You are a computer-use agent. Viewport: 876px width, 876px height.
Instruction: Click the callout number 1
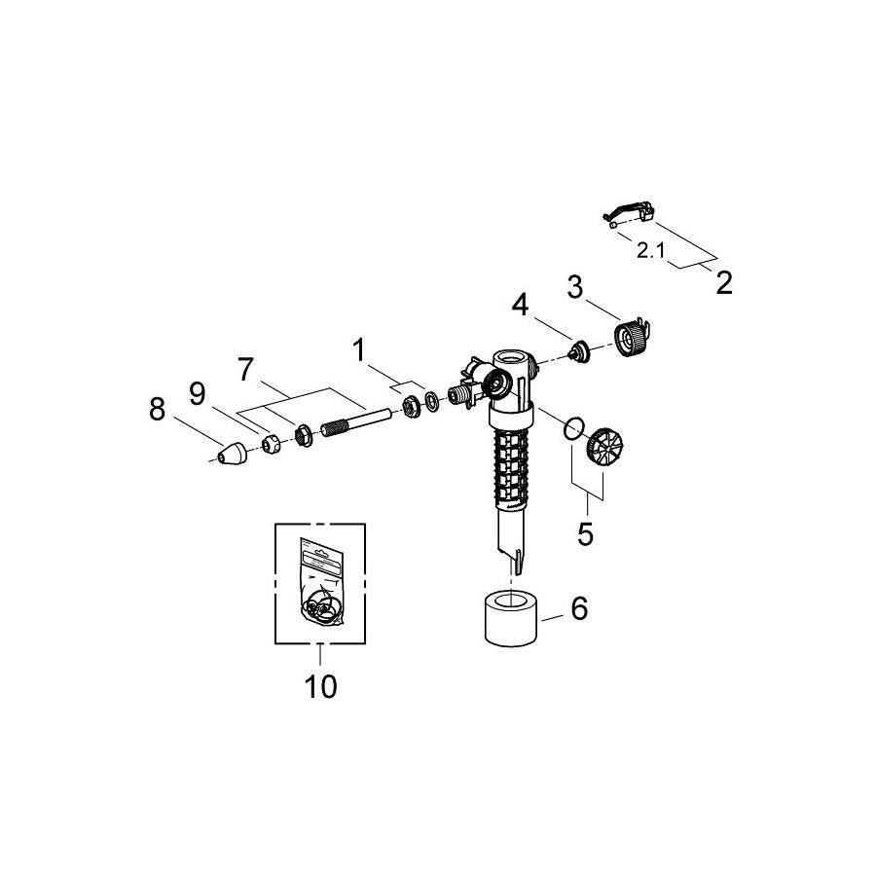(x=360, y=348)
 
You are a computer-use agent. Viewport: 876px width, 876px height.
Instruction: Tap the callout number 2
(x=722, y=283)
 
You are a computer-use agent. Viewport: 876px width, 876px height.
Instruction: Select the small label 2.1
(x=650, y=250)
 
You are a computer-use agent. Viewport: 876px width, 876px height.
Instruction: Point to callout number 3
(x=575, y=288)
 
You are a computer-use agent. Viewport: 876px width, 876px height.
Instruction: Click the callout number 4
(x=522, y=305)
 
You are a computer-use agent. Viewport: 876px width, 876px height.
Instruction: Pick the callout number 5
(x=586, y=534)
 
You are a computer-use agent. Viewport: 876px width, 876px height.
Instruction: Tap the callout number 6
(x=579, y=608)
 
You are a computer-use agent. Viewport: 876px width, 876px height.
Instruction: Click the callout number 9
(x=198, y=393)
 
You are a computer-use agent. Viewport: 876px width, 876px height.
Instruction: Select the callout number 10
(x=320, y=686)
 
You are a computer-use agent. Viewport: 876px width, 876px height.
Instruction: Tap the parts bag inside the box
(x=319, y=584)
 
